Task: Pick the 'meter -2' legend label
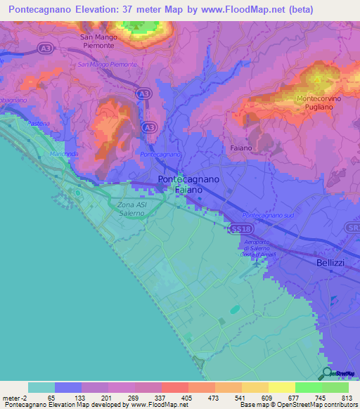(13, 397)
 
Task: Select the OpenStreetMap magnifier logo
(327, 373)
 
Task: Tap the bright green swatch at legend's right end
(335, 387)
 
